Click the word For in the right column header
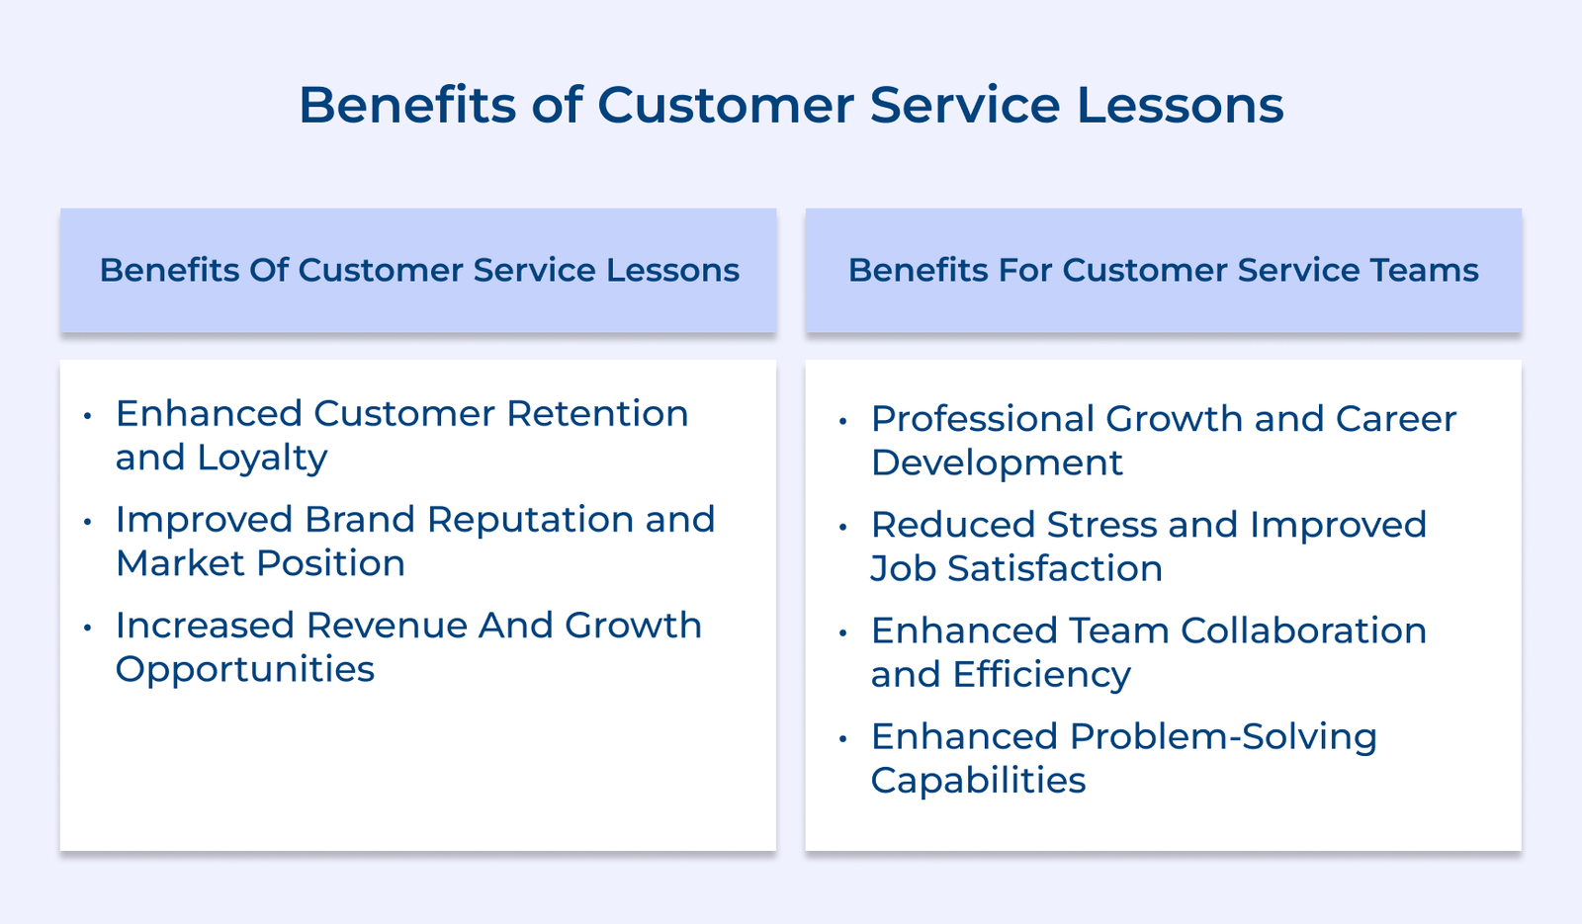tap(1025, 270)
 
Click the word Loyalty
tap(262, 458)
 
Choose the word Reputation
tap(530, 519)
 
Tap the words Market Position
tap(260, 563)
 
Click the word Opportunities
tap(245, 669)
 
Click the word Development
tap(997, 462)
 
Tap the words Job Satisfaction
tap(1016, 568)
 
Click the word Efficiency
tap(1041, 675)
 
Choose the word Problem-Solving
tap(1223, 736)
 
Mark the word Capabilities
tap(978, 781)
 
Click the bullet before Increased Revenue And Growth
tap(88, 627)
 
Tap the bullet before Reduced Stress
tap(842, 527)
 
